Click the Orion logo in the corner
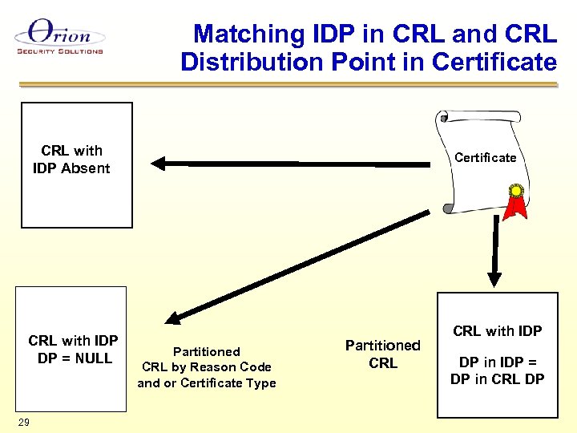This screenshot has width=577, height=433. (59, 36)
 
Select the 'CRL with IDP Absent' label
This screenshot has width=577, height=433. (72, 160)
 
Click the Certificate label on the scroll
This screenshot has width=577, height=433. (485, 157)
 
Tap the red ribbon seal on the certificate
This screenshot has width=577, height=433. (518, 200)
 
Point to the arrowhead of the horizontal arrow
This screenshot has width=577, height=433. (158, 164)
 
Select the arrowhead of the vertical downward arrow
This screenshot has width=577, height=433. (494, 279)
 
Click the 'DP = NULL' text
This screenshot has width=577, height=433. (75, 358)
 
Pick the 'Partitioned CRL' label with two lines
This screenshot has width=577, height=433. (382, 354)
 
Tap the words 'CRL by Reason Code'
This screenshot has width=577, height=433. (206, 367)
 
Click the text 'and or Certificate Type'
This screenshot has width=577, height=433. (206, 383)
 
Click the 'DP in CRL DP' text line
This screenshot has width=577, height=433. (497, 379)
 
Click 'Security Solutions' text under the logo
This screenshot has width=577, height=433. (60, 51)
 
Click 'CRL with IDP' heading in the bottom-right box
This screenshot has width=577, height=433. (497, 331)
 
